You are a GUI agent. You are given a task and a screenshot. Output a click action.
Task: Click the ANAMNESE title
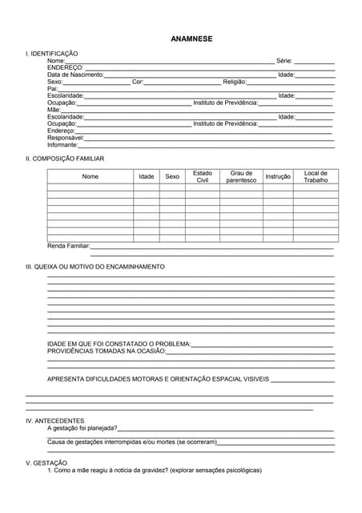(x=191, y=38)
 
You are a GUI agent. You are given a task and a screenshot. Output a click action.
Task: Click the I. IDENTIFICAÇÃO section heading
(x=52, y=53)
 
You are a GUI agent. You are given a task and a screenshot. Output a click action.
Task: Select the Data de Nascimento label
(x=75, y=75)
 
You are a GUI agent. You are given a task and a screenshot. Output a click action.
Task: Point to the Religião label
(x=235, y=82)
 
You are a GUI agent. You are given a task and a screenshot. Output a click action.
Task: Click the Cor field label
(x=137, y=82)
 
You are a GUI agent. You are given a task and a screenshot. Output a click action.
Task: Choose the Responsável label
(x=66, y=138)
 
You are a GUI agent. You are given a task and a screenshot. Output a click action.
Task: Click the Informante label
(x=62, y=145)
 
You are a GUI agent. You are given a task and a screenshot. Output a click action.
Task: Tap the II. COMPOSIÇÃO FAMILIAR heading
(x=65, y=159)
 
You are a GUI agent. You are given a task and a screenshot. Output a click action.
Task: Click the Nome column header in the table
(x=90, y=176)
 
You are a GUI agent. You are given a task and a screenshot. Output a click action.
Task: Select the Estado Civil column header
(x=203, y=176)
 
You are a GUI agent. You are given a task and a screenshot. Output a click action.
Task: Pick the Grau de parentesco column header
(x=241, y=176)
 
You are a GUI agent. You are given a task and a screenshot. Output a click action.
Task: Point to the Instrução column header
(x=278, y=176)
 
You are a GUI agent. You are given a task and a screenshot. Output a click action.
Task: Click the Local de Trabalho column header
(x=316, y=176)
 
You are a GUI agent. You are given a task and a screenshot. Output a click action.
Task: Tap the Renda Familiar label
(x=69, y=246)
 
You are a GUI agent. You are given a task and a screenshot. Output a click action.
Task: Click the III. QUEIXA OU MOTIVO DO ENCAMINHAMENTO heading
(x=95, y=267)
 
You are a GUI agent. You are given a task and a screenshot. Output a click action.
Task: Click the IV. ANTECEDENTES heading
(x=54, y=421)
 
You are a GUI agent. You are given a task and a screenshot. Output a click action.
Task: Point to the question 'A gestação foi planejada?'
(x=82, y=428)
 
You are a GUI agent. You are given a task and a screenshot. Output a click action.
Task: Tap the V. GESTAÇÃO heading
(x=46, y=463)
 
